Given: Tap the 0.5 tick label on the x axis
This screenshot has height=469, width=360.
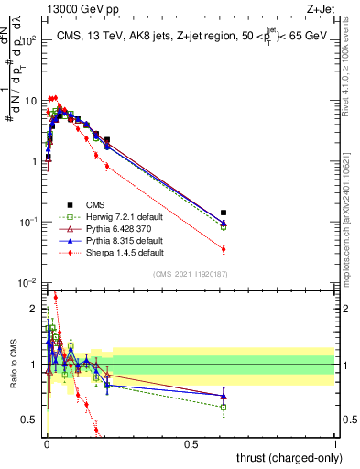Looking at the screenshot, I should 191,444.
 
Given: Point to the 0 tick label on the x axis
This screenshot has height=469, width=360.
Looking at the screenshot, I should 47,444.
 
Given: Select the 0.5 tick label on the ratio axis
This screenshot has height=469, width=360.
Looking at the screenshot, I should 30,420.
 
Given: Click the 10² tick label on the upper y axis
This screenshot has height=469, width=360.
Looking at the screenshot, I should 30,41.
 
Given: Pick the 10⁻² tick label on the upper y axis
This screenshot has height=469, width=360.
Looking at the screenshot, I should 29,283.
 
